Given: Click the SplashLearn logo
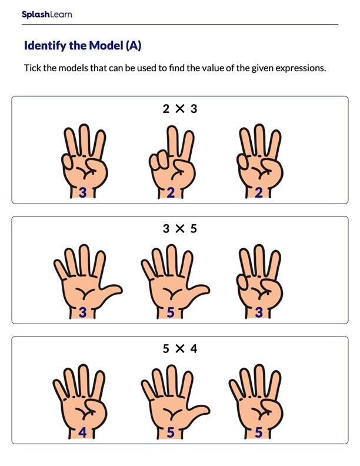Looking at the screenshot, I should [x=47, y=14].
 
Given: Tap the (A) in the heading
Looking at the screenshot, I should [x=132, y=46].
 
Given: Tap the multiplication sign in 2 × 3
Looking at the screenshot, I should [x=180, y=109].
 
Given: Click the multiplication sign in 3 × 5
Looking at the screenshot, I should [x=180, y=229].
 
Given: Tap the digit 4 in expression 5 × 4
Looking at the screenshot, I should [x=194, y=349].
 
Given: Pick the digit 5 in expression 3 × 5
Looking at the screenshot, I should [x=194, y=229].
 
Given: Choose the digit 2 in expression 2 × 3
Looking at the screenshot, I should [x=166, y=109].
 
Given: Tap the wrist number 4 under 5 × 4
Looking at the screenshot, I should [x=82, y=432].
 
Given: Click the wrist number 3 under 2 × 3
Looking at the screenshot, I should [x=83, y=192].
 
